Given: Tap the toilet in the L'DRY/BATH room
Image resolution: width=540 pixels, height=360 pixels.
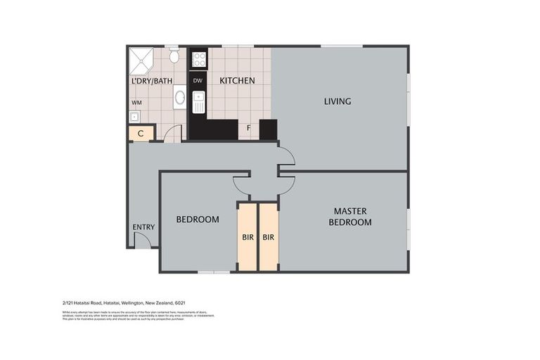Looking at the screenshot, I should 174,56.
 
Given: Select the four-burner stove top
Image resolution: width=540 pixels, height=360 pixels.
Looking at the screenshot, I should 199,59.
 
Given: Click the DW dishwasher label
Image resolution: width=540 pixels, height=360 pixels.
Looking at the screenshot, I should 198,81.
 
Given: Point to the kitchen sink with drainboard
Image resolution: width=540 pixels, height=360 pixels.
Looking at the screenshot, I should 199,104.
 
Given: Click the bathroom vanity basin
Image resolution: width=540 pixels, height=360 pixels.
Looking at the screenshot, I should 179,98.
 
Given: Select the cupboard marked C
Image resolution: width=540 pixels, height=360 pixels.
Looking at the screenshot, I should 141,133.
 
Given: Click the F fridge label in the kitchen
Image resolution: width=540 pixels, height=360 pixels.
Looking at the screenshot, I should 248,128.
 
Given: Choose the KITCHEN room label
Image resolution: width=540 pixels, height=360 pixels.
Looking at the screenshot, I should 237,81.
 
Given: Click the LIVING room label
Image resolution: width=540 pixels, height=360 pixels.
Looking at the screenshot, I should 337,101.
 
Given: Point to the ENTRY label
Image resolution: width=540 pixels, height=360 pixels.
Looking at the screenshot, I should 143,226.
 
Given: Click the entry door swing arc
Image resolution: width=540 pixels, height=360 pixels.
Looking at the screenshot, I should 143,240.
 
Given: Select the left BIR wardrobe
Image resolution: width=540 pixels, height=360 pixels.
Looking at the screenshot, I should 247,238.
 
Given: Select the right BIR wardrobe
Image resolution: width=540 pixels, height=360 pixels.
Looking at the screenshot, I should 268,238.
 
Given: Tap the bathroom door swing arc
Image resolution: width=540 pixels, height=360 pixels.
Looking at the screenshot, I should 173,133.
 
